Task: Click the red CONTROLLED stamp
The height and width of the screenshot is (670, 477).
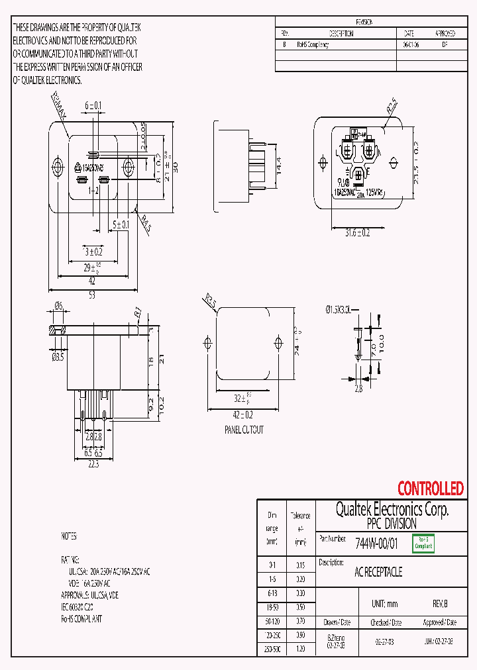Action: (x=430, y=489)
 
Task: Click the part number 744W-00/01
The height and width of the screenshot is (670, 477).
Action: (x=376, y=543)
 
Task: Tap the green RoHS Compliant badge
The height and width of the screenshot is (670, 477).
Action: (x=423, y=543)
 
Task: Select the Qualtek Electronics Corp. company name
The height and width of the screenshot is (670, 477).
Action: (x=392, y=509)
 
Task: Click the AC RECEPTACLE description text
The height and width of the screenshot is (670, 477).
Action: (x=378, y=572)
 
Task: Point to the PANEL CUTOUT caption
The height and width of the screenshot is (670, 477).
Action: (x=244, y=430)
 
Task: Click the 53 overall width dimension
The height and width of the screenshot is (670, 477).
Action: (x=92, y=295)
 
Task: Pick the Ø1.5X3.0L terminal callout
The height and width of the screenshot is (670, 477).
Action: (x=342, y=309)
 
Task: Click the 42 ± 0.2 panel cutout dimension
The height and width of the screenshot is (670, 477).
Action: (x=243, y=415)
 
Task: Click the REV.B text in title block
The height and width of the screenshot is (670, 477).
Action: (x=439, y=604)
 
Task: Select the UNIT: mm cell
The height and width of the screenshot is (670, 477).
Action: (x=384, y=604)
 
